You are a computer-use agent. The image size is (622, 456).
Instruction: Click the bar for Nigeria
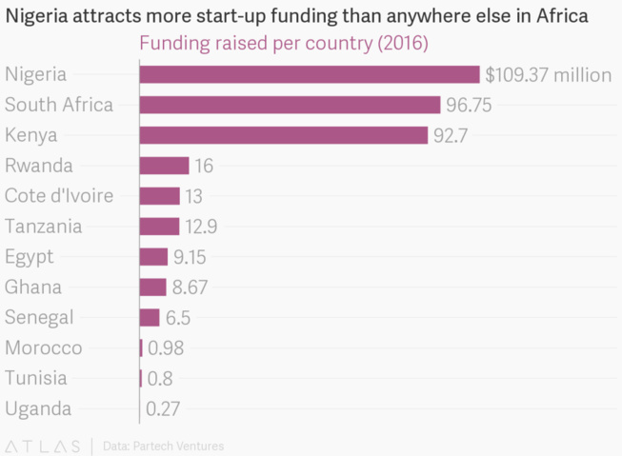[309, 74]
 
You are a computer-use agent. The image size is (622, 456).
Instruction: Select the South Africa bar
[290, 105]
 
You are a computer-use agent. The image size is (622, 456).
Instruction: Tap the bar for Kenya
[283, 135]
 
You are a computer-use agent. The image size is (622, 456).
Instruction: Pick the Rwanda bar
[164, 166]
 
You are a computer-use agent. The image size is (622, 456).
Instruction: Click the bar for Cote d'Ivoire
[159, 196]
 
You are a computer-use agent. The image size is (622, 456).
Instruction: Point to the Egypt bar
[153, 257]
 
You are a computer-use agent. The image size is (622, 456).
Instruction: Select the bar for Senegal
[150, 318]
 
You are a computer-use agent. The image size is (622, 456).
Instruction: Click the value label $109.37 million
[547, 74]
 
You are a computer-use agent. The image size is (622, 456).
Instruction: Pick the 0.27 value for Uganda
[164, 409]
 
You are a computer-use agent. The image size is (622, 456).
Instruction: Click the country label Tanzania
[43, 227]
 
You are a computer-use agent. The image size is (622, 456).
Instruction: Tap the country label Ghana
[33, 287]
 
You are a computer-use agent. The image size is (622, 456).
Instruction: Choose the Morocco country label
[43, 348]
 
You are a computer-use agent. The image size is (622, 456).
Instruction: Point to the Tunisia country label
[36, 379]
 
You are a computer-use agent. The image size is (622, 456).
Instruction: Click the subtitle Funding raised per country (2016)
[283, 44]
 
